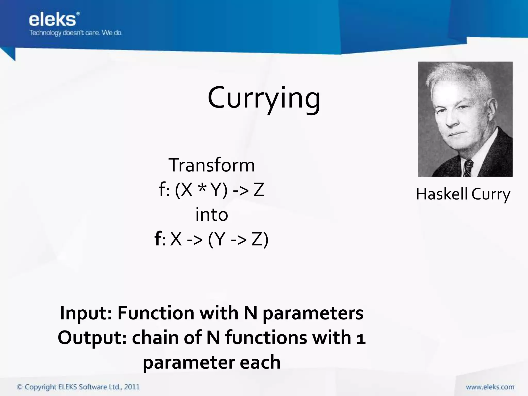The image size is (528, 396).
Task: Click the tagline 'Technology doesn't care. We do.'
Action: tap(76, 33)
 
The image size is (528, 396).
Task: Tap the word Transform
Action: tap(211, 165)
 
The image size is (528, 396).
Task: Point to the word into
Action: tap(212, 215)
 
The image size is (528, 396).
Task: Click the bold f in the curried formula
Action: tap(158, 239)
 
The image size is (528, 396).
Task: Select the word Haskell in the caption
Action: tap(442, 194)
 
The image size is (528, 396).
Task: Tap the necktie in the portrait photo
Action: tap(468, 168)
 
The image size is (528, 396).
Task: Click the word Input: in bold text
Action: tap(86, 313)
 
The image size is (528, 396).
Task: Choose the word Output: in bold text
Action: tap(92, 338)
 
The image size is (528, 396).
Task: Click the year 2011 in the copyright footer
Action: tap(132, 387)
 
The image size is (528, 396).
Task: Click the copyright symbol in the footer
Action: tap(20, 387)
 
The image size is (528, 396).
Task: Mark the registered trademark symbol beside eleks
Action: tap(78, 13)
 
